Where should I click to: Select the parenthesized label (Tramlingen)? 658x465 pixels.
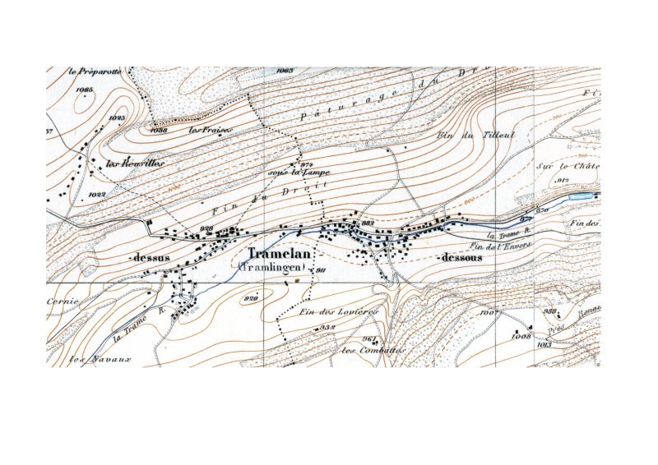click(273, 268)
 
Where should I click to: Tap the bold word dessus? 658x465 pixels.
click(151, 258)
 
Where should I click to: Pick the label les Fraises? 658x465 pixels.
click(206, 130)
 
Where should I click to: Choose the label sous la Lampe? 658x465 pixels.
click(293, 173)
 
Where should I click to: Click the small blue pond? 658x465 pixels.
click(580, 197)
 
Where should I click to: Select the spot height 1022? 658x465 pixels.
click(96, 195)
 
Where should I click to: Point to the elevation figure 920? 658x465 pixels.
click(252, 299)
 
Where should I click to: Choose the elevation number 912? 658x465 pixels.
click(563, 180)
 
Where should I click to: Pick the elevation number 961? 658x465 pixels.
click(368, 338)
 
